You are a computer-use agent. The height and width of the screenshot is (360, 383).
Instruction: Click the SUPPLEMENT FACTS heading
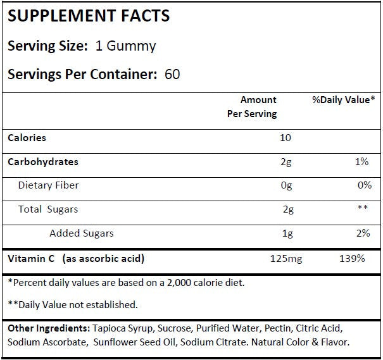coord(89,16)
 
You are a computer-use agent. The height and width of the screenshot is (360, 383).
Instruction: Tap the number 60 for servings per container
coord(172,74)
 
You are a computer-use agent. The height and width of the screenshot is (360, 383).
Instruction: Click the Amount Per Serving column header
coord(252,107)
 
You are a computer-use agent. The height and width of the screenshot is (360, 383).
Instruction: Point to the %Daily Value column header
coord(344,100)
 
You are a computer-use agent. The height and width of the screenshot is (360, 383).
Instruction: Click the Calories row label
coord(27,137)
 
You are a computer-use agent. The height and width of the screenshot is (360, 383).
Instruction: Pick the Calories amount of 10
coord(286,138)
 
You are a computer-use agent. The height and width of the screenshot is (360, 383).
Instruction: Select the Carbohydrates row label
coord(43,161)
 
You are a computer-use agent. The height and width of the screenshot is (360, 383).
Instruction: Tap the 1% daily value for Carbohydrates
coord(361,162)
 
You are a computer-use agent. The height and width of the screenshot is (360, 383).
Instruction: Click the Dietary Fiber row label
coord(48,185)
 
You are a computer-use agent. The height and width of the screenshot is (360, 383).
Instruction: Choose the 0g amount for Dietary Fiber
coord(286,186)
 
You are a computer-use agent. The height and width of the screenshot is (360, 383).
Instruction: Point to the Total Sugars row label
coord(48,209)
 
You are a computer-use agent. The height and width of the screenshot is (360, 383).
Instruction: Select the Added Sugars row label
coord(82,233)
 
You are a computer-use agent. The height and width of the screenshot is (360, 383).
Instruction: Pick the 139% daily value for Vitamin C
coord(352,259)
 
